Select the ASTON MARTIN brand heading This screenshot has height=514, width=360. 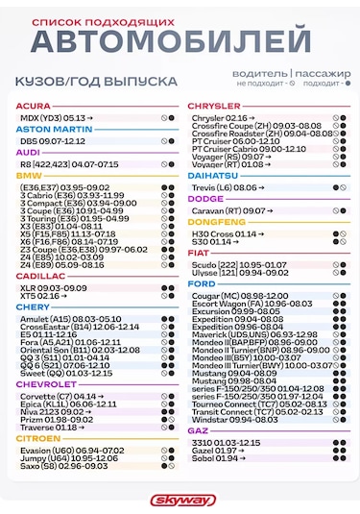54,128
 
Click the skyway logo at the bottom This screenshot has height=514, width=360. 180,499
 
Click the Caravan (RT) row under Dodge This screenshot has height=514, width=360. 230,209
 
